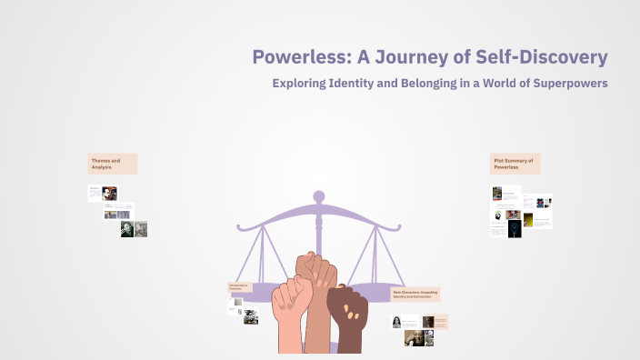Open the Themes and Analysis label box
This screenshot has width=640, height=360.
[113, 164]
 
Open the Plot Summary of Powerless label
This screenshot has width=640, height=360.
[515, 164]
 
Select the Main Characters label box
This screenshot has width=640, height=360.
[419, 294]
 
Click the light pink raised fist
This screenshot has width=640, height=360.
[292, 314]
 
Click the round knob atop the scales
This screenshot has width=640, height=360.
[318, 195]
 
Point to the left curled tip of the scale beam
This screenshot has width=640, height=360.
[241, 224]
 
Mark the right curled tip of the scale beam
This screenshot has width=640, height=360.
[395, 224]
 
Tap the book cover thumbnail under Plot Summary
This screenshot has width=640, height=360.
[497, 193]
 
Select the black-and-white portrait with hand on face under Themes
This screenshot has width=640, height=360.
[127, 230]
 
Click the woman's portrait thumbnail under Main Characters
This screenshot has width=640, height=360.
[397, 322]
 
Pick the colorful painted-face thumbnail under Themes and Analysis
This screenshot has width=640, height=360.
[110, 193]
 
